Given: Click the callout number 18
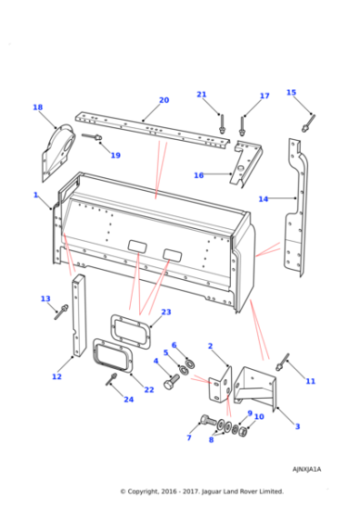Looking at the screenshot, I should [x=37, y=107].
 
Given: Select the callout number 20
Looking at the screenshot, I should [x=164, y=100].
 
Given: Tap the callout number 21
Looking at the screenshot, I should [x=202, y=95].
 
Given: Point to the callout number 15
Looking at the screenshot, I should [x=291, y=93].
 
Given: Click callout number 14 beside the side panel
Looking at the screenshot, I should [x=263, y=198].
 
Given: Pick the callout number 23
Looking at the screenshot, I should [x=165, y=312].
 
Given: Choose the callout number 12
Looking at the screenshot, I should [x=56, y=376].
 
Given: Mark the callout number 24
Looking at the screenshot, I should [x=128, y=399].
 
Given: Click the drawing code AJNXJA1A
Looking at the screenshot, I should [x=306, y=470].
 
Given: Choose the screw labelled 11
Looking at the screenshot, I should [x=284, y=363].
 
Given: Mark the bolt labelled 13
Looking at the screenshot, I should [x=61, y=314].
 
